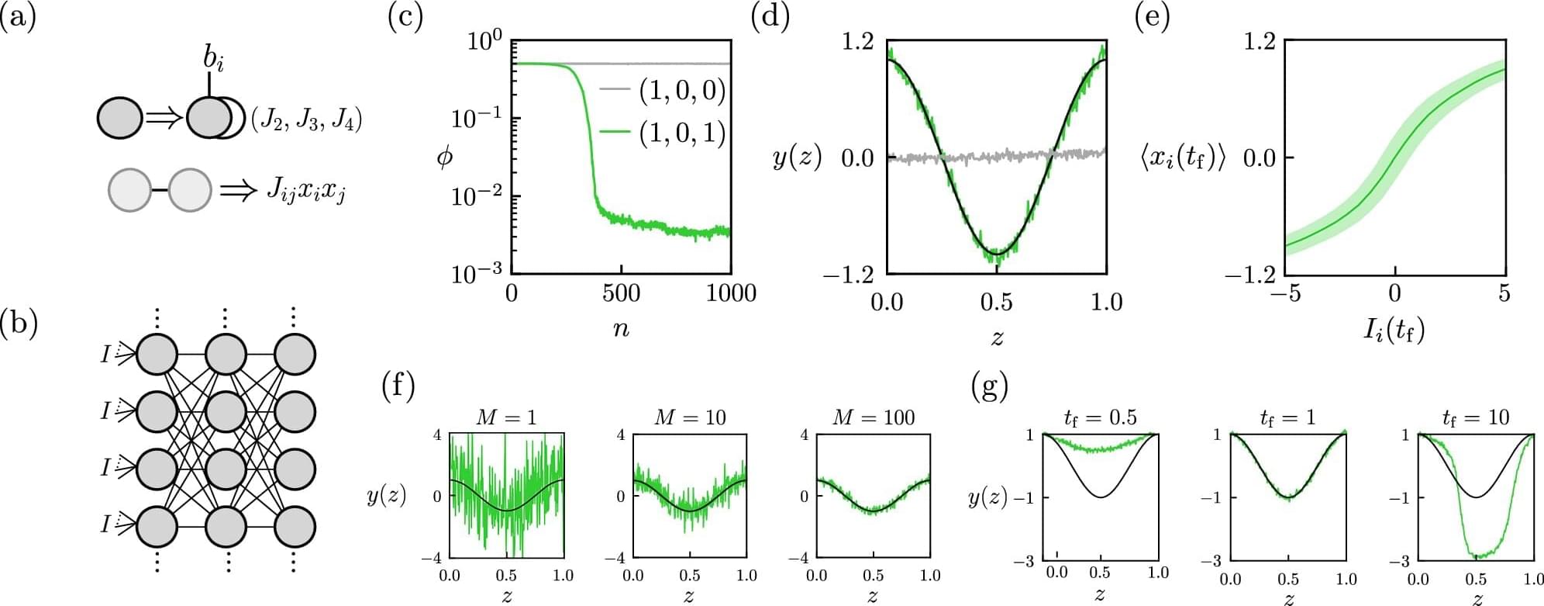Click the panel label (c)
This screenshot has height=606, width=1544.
(405, 17)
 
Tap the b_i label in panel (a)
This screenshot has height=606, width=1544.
(213, 58)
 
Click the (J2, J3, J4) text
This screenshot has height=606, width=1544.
(306, 120)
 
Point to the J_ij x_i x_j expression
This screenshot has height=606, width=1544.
(305, 190)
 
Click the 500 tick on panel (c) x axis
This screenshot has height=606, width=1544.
(621, 293)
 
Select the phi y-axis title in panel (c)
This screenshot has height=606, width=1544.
(445, 158)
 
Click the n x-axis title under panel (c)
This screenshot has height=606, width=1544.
(621, 328)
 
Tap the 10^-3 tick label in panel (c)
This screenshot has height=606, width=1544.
(476, 272)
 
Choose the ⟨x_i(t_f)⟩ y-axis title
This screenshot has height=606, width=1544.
(1183, 158)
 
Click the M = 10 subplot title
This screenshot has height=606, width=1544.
(690, 417)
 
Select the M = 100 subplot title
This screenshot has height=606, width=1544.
(874, 417)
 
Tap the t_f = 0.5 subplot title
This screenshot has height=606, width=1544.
(1099, 418)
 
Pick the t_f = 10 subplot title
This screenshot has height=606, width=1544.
(1476, 418)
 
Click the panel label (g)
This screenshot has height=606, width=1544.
(989, 385)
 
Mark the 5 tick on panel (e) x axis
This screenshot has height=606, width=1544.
(1504, 293)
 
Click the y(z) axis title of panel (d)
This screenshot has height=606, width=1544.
(797, 158)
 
